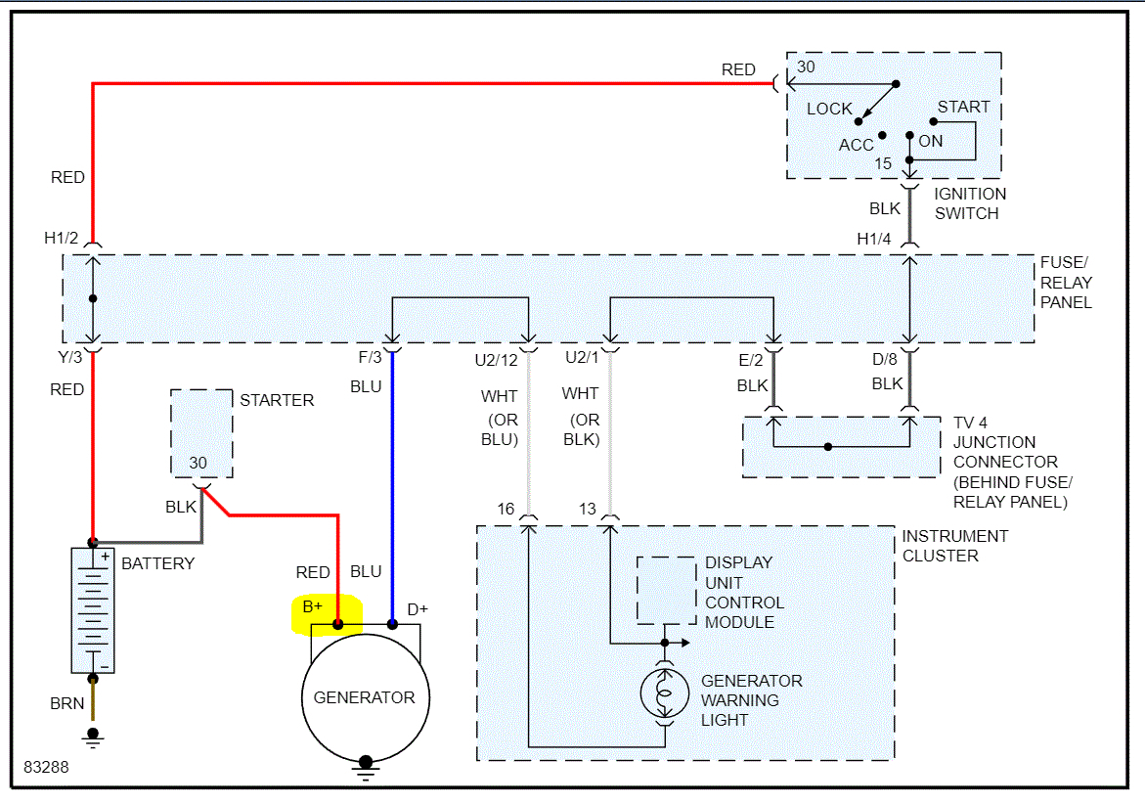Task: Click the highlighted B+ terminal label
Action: [313, 607]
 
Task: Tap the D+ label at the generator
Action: [418, 609]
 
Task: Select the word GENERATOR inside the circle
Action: [364, 697]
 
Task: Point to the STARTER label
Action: [277, 400]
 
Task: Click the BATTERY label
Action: [157, 563]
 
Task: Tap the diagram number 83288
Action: [46, 768]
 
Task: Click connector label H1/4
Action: [874, 238]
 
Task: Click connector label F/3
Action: [372, 358]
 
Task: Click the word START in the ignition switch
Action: [963, 107]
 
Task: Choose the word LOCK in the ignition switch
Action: [829, 109]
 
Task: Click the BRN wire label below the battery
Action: [67, 703]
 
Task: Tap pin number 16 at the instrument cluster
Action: [506, 509]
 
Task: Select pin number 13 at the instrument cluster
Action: [587, 509]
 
